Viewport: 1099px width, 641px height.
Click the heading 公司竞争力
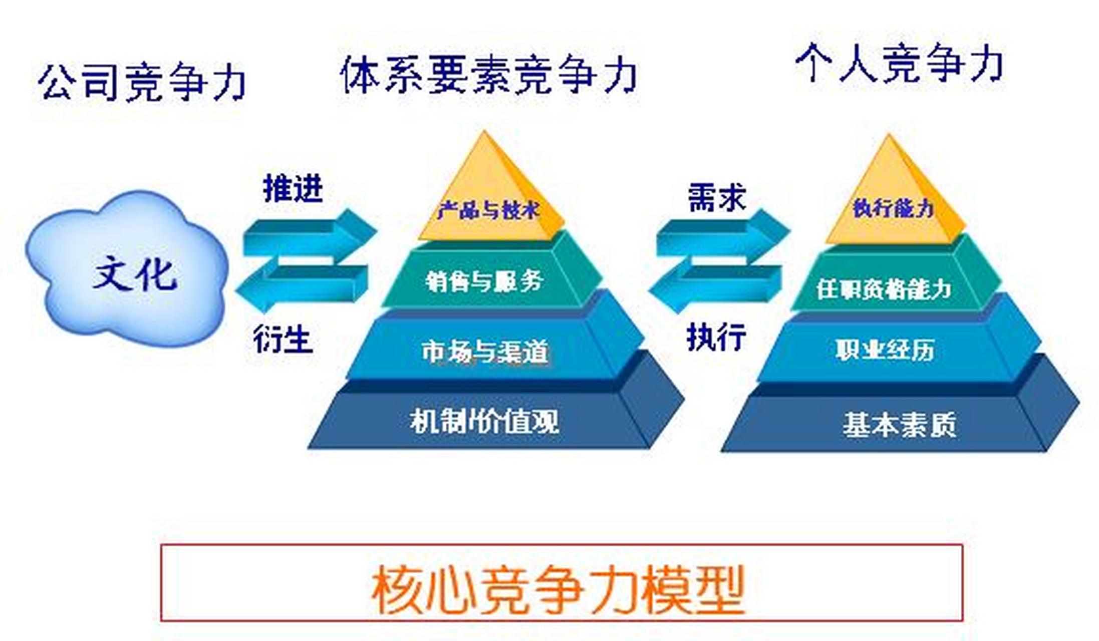[x=142, y=82]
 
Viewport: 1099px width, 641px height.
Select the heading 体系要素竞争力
[x=488, y=75]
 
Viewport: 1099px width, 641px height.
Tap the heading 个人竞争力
[x=899, y=64]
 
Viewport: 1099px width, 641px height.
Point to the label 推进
[x=293, y=189]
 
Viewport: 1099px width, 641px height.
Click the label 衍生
[x=283, y=339]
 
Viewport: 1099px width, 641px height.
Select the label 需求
[x=717, y=197]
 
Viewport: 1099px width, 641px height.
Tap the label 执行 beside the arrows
[x=716, y=337]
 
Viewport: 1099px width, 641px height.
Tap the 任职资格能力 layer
[x=884, y=289]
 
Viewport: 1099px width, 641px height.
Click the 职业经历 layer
[x=885, y=350]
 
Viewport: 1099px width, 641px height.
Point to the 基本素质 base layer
[x=899, y=425]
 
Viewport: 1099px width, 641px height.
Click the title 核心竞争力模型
[x=559, y=589]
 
